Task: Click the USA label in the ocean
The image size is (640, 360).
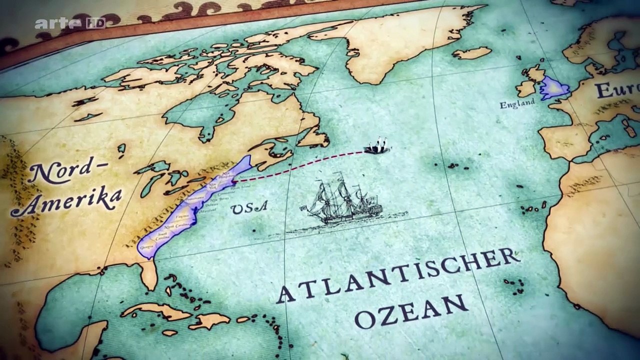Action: click(x=249, y=207)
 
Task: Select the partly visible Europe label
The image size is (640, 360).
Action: click(x=617, y=90)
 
